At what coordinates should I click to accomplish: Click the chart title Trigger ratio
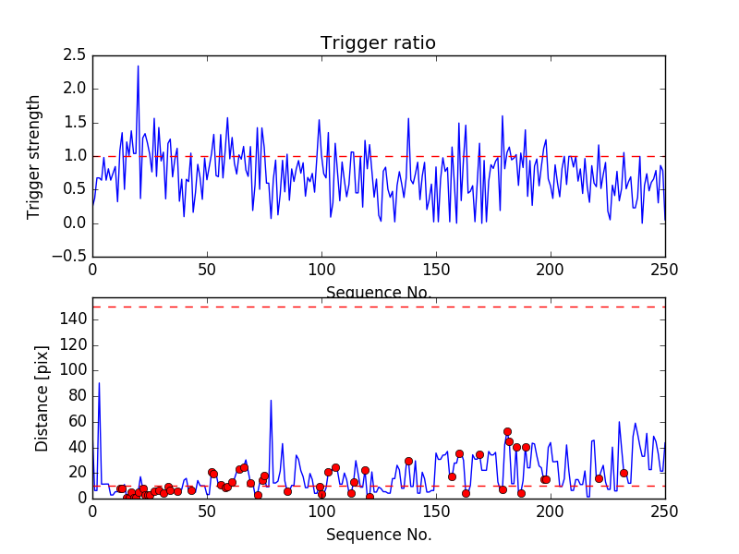click(x=378, y=43)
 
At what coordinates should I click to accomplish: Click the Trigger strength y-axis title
click(x=34, y=156)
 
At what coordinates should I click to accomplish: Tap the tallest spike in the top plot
click(x=139, y=66)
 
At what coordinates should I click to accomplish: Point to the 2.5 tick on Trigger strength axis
click(x=74, y=55)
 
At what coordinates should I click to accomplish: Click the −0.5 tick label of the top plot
click(x=70, y=257)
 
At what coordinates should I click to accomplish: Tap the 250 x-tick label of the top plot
click(x=664, y=271)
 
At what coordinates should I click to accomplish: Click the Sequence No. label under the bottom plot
click(x=378, y=535)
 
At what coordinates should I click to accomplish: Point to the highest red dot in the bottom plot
click(x=507, y=431)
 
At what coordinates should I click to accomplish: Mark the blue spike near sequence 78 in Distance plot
click(x=271, y=401)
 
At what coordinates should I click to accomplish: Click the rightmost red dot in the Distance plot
click(x=624, y=473)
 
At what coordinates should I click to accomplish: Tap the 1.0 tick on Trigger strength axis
click(x=74, y=156)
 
